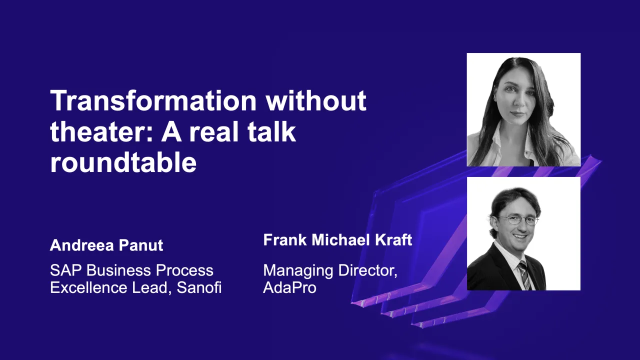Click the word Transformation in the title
pos(153,101)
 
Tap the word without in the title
pos(316,101)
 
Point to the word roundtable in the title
pos(123,163)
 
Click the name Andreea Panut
pos(106,245)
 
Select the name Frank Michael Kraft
pos(337,240)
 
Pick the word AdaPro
pos(289,288)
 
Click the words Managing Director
pos(330,270)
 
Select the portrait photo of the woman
pos(523,109)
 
